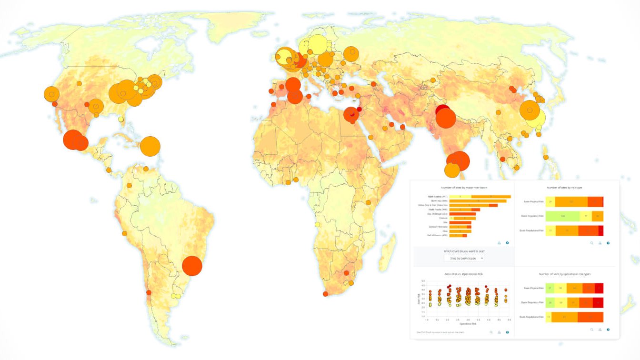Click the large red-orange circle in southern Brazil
coord(192,266)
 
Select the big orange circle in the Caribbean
coord(150,146)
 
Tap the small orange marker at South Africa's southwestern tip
coord(325,294)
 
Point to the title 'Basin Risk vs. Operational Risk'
coord(464,274)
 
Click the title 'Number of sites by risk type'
coord(564,188)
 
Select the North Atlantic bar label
coord(438,197)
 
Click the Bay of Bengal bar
coord(462,214)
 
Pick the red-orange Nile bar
coord(460,222)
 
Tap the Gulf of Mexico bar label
coord(438,235)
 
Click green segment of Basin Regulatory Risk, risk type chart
coord(563,216)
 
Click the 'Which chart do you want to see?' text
coord(464,251)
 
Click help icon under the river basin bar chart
coord(507,243)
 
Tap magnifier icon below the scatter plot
coord(490,332)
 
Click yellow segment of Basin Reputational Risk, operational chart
coord(549,317)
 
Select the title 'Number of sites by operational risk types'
coord(564,274)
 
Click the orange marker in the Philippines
coord(546,157)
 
